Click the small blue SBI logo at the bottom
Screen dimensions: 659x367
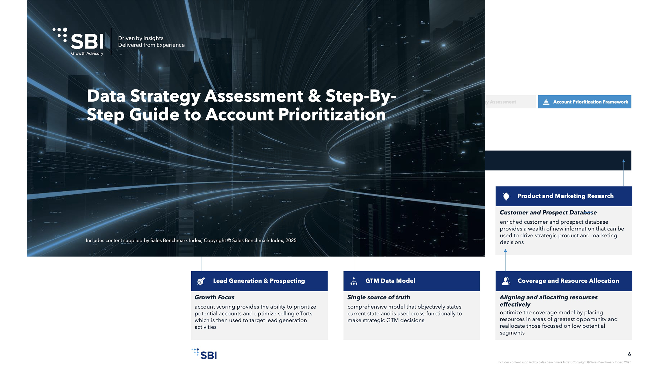click(204, 354)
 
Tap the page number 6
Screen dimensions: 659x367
click(629, 354)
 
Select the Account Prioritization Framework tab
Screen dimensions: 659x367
click(584, 102)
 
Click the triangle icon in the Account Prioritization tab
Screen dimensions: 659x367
click(546, 102)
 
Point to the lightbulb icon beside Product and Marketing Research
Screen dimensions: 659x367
click(506, 196)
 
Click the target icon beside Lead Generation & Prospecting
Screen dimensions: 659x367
click(201, 281)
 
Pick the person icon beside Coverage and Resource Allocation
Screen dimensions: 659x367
click(506, 281)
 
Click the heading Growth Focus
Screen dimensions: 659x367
click(214, 297)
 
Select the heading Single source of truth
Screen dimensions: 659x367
click(379, 297)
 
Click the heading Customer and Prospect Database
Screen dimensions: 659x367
click(548, 212)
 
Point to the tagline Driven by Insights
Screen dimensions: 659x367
click(141, 38)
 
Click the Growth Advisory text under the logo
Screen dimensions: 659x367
click(87, 53)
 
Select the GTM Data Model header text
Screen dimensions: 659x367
click(390, 281)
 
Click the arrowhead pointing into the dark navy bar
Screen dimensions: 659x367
click(623, 161)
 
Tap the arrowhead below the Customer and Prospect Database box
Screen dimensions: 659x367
click(505, 251)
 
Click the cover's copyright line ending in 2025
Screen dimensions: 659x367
click(191, 240)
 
